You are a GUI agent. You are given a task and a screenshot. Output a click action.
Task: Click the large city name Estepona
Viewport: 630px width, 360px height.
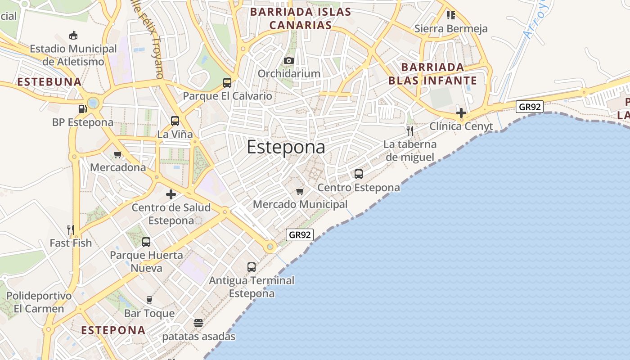286,148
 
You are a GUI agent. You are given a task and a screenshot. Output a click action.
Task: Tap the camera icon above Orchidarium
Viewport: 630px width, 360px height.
289,60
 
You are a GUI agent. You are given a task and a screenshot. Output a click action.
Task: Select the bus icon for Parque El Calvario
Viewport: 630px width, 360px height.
227,83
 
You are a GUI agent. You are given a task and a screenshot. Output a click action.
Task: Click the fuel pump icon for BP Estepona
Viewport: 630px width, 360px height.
82,108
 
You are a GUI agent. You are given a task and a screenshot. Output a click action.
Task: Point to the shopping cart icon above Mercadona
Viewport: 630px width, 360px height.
118,154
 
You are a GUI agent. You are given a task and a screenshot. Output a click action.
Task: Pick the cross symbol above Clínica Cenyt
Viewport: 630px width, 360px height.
461,112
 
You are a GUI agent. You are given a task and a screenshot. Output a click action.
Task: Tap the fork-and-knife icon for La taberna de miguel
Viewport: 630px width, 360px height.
409,130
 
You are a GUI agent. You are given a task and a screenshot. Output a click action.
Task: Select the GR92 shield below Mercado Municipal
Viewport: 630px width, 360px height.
300,234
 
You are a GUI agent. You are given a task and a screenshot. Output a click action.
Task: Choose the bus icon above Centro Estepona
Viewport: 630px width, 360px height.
359,174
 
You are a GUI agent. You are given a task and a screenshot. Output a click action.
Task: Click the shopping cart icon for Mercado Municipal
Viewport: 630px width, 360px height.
300,191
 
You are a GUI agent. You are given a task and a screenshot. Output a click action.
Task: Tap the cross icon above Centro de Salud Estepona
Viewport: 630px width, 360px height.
171,194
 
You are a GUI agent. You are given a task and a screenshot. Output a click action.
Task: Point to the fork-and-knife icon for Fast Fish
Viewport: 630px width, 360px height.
71,229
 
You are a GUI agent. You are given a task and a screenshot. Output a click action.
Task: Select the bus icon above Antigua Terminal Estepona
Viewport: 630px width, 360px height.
252,267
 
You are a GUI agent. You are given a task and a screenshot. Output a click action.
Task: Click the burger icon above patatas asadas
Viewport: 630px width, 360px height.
198,323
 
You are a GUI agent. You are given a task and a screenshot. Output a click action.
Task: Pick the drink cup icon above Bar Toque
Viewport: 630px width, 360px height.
149,300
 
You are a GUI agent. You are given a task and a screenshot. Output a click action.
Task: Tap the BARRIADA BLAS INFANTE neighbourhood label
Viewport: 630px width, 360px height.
432,74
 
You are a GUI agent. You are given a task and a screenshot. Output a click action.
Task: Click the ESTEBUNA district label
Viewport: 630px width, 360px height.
49,82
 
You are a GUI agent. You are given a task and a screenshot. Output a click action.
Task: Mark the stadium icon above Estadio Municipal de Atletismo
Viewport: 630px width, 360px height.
73,35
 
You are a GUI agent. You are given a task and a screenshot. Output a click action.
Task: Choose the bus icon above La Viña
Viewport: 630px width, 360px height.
175,121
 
